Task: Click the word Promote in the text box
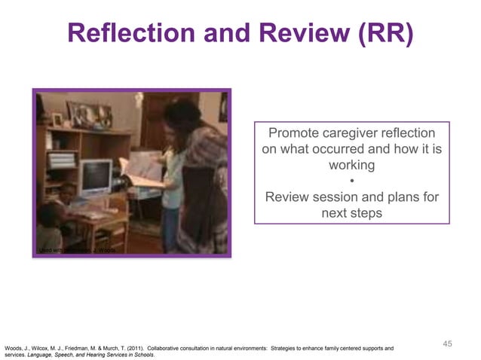tap(295, 133)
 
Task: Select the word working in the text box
tap(352, 165)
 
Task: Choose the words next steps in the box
tap(352, 213)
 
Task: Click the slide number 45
tap(447, 343)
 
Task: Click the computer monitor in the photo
tap(96, 177)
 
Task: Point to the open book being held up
tap(142, 170)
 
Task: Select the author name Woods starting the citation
tap(14, 348)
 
